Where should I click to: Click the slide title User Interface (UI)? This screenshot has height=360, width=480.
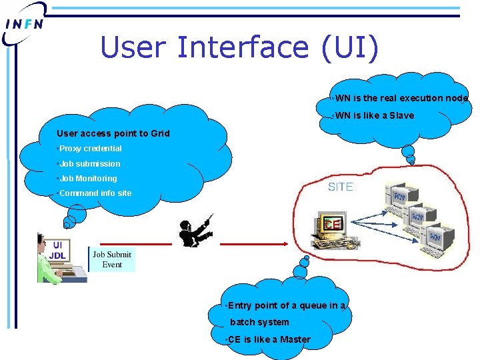point(239,47)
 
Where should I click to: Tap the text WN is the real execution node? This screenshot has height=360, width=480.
point(401,98)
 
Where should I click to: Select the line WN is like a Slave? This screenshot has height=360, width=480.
point(374,115)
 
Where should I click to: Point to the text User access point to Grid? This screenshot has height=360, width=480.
point(113,133)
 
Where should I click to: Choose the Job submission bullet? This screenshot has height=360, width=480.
point(89,163)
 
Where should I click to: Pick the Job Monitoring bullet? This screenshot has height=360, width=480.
point(87,178)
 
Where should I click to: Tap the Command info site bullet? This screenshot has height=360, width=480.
point(95,193)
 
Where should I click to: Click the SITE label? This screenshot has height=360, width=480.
point(340,187)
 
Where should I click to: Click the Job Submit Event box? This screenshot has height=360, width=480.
point(112,259)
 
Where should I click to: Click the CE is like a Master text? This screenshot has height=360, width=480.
point(269,339)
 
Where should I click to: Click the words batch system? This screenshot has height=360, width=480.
point(259,322)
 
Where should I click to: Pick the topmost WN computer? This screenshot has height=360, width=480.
point(400,198)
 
